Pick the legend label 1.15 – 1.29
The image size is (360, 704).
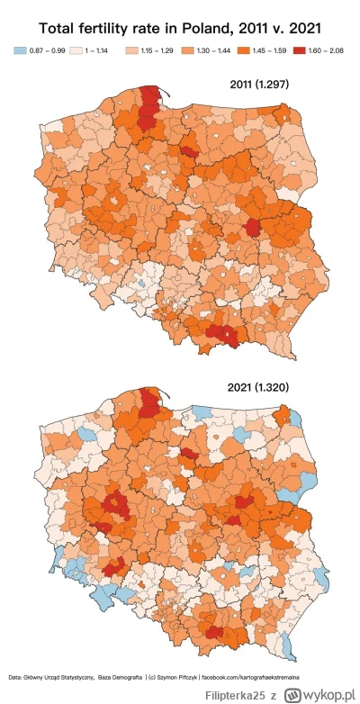157,54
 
